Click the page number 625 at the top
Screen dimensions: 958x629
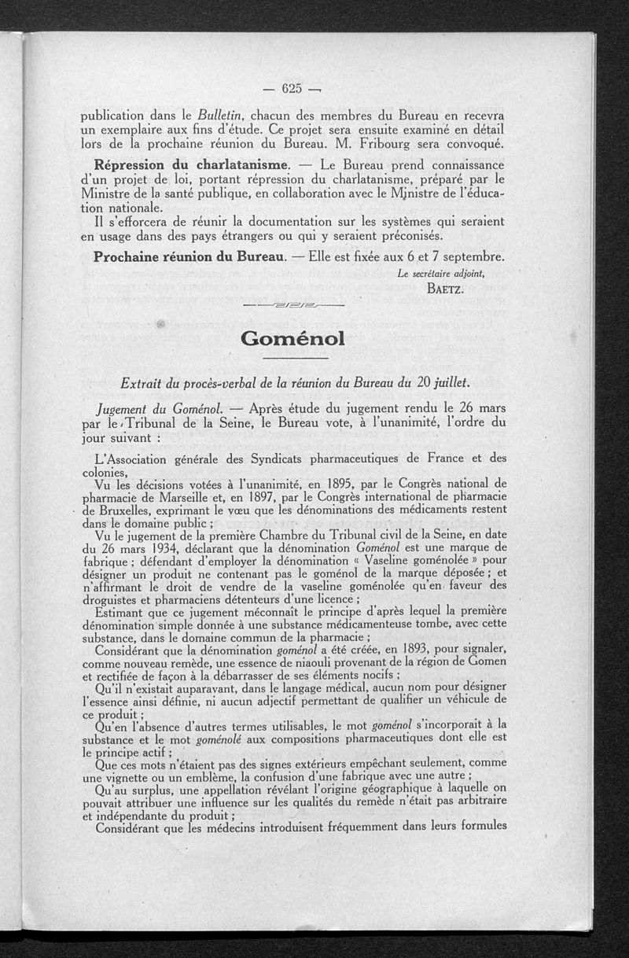click(x=291, y=87)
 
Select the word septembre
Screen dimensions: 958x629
click(x=465, y=257)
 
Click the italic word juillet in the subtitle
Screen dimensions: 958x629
click(x=451, y=383)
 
